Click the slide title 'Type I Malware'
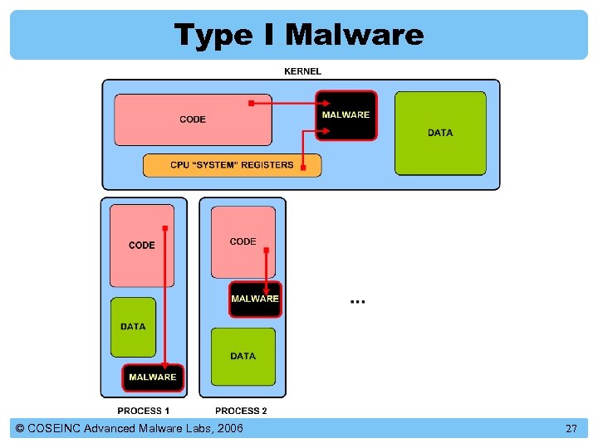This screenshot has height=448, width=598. tap(299, 35)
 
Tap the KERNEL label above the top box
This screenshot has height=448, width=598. tap(302, 71)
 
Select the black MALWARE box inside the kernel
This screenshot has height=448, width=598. tap(346, 115)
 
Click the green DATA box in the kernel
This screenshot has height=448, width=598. tap(440, 133)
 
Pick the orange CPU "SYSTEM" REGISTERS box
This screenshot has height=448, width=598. tap(232, 165)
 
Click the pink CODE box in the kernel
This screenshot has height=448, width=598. tap(193, 119)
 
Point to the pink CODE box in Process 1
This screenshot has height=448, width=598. tap(142, 246)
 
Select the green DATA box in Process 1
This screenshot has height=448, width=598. tap(133, 327)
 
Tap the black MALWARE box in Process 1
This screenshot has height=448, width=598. tap(153, 377)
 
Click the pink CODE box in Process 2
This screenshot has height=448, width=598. tap(243, 241)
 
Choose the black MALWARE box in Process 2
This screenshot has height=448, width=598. tap(255, 299)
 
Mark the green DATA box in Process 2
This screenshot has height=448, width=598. tap(243, 356)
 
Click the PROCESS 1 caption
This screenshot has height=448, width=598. tap(144, 411)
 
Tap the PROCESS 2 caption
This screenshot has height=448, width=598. tap(242, 411)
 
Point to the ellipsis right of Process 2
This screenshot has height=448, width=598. tap(357, 300)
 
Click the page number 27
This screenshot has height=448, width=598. tap(571, 429)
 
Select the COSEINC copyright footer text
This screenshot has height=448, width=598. tap(130, 429)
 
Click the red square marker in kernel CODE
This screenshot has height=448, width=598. tap(251, 104)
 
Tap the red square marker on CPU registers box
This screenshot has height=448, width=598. tap(303, 168)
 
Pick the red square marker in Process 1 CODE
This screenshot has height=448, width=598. tap(165, 228)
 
